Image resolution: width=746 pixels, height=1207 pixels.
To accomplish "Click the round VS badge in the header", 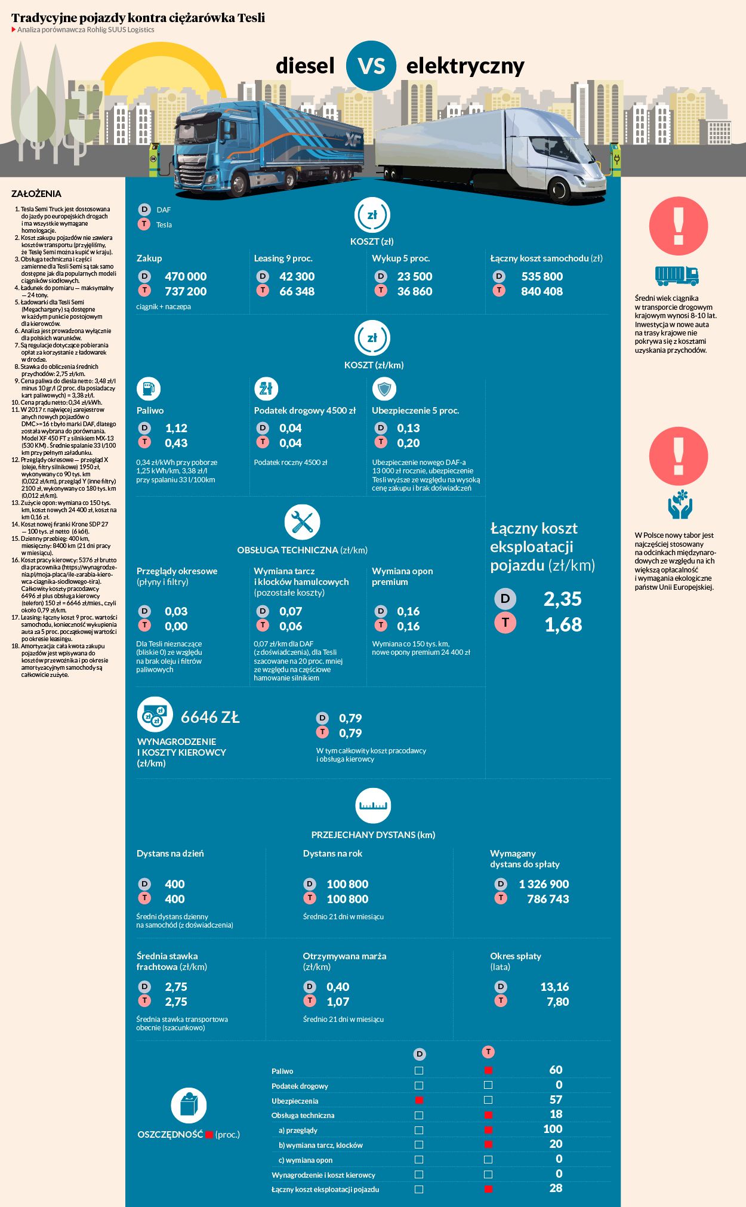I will tap(371, 66).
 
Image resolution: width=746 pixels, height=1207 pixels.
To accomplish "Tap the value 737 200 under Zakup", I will tap(186, 291).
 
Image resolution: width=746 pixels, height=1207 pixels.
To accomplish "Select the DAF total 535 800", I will tap(542, 276).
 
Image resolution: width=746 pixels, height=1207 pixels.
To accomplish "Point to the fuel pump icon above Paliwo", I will tap(148, 389).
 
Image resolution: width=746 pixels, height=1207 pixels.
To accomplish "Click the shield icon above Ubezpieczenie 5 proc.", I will tap(384, 389).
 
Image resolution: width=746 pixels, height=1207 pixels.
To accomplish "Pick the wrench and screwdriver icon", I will tap(302, 522).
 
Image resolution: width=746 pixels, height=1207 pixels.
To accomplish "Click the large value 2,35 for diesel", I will tap(562, 599).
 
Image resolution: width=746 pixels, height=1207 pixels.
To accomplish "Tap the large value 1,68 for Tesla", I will tap(563, 624).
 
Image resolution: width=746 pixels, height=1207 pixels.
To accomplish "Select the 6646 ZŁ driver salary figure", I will tap(210, 717).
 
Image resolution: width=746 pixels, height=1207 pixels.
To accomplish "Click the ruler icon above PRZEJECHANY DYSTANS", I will tap(373, 805).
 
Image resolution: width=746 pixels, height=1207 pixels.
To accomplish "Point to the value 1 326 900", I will tap(544, 884).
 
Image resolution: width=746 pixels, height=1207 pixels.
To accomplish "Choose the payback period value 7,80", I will tap(557, 1002).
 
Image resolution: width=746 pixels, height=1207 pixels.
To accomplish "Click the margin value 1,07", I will tap(338, 1002).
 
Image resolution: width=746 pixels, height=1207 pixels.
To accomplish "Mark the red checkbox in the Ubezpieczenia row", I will tap(419, 1100).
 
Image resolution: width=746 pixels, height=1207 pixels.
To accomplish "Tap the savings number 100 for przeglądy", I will tap(553, 1129).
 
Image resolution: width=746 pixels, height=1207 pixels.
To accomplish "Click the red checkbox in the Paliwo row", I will tap(488, 1070).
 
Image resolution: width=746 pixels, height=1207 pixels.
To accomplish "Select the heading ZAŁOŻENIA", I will tap(36, 193).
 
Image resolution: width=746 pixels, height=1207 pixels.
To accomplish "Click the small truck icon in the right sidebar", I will tap(677, 275).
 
